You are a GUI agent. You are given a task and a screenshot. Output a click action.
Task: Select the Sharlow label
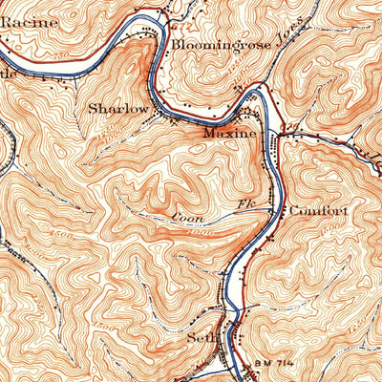coord(118,108)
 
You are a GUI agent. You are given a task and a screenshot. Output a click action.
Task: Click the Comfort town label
coord(316,209)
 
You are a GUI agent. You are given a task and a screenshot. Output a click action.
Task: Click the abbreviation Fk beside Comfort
coord(243,204)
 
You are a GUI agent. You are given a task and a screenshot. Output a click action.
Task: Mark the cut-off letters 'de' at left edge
coord(8,72)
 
